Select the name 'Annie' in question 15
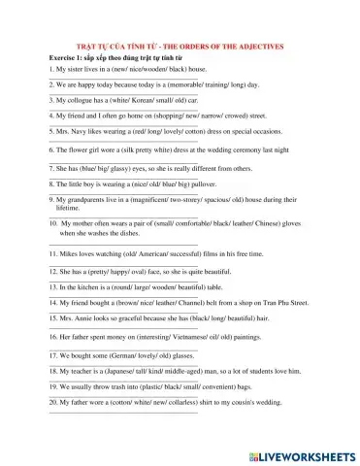[x=82, y=318]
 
